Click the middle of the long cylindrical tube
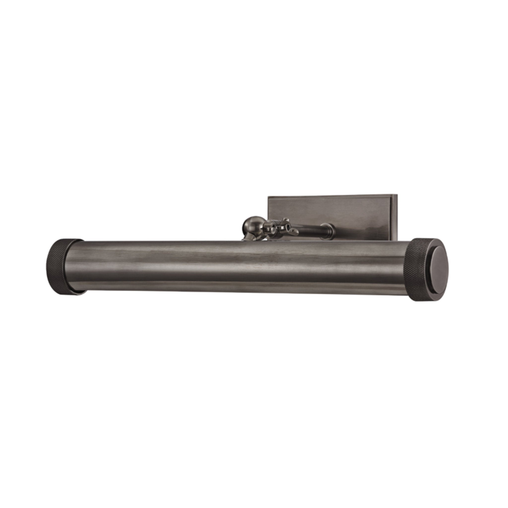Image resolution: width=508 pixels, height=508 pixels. [245, 267]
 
